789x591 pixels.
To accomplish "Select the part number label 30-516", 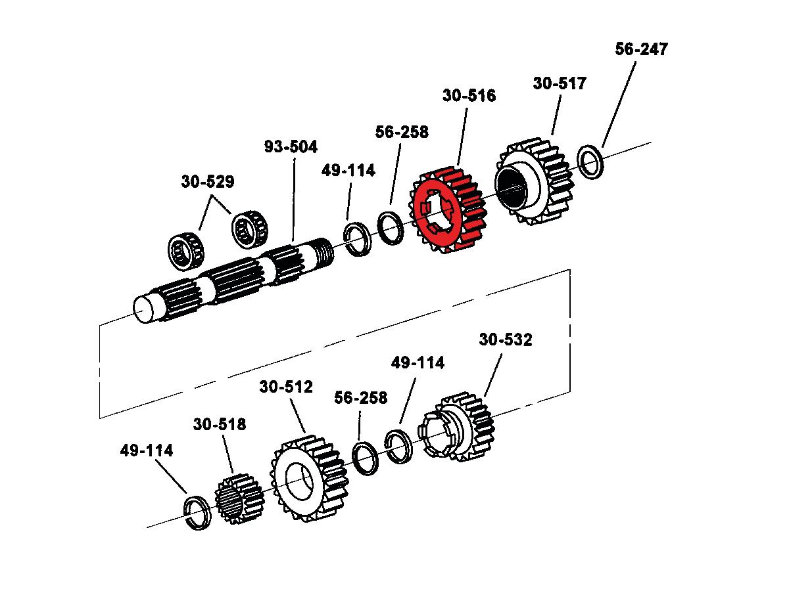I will click(469, 96).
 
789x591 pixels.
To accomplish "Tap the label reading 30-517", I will click(560, 83).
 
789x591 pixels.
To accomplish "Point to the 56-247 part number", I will click(641, 49).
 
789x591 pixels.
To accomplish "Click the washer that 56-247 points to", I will click(590, 162).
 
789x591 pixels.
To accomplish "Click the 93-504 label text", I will click(291, 146).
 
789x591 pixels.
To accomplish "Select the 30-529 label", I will click(208, 182).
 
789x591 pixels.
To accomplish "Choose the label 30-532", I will click(506, 339).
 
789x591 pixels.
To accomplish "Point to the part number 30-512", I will click(286, 387).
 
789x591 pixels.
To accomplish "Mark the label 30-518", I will click(220, 424).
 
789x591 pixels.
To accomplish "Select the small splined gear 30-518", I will click(238, 499).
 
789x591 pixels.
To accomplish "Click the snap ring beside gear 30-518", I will click(197, 512).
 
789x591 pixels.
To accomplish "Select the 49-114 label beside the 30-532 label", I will click(418, 362).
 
